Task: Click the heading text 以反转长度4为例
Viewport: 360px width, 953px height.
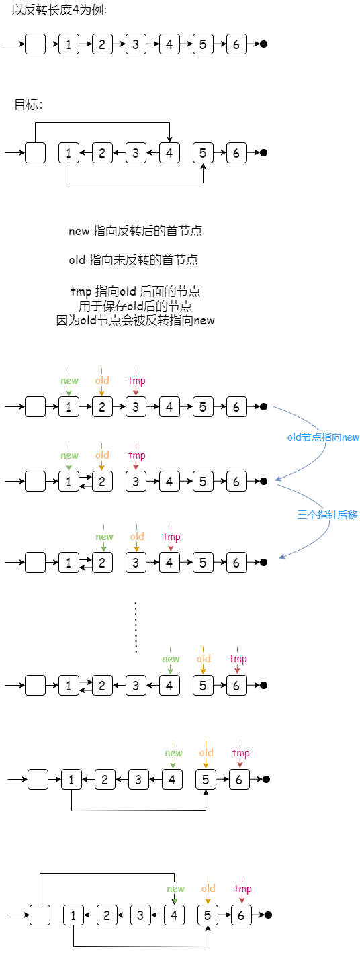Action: pos(58,10)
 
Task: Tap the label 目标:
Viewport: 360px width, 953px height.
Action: pos(28,105)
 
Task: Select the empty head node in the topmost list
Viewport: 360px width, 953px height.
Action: pos(36,44)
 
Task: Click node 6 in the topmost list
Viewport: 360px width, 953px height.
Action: pos(236,44)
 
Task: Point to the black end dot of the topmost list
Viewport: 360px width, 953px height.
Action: pos(263,44)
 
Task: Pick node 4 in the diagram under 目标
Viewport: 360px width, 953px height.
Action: pos(169,152)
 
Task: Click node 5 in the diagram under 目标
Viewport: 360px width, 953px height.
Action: pos(203,152)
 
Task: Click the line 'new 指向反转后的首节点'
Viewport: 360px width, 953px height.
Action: pos(135,231)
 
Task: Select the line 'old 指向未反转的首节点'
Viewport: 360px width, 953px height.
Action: pos(133,259)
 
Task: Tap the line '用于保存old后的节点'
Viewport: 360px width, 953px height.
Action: pos(135,306)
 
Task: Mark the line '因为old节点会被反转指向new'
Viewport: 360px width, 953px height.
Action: pos(135,320)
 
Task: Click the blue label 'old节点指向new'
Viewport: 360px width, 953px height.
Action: pos(323,437)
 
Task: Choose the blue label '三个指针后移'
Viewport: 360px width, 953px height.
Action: pos(327,515)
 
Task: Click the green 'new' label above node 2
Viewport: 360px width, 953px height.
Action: pos(104,537)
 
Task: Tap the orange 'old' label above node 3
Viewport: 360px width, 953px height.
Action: pos(137,537)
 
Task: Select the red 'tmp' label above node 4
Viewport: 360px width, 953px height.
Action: pos(171,537)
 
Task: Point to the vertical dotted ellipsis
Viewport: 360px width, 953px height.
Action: pos(136,627)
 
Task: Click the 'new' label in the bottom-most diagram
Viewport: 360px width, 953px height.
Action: pos(175,889)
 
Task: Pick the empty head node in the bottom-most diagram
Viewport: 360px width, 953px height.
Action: pos(40,915)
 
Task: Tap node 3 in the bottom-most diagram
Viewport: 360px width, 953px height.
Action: pos(140,915)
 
